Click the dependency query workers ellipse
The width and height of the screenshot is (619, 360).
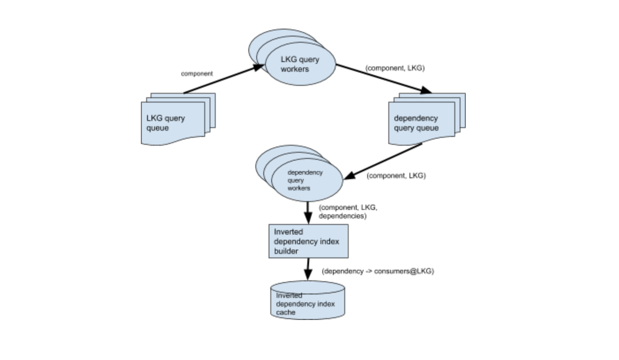coord(307,180)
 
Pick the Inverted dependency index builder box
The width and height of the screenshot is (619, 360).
coord(308,241)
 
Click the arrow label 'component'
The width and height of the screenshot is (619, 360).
coord(197,74)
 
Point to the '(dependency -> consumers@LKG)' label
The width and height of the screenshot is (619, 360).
coord(378,271)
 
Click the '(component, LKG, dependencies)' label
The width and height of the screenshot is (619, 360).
coord(348,212)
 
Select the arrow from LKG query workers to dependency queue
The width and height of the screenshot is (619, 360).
coord(383,79)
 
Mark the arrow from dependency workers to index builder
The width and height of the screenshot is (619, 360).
coord(308,213)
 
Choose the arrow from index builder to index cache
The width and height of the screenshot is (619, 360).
coord(308,269)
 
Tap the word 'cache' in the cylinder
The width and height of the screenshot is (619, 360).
coord(286,312)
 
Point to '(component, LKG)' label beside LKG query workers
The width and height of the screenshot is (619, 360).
coord(395,68)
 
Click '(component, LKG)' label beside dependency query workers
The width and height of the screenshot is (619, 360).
coord(396,176)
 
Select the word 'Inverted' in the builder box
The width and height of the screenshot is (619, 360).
coord(288,232)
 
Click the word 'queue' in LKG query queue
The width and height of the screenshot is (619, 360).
coord(158,128)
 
